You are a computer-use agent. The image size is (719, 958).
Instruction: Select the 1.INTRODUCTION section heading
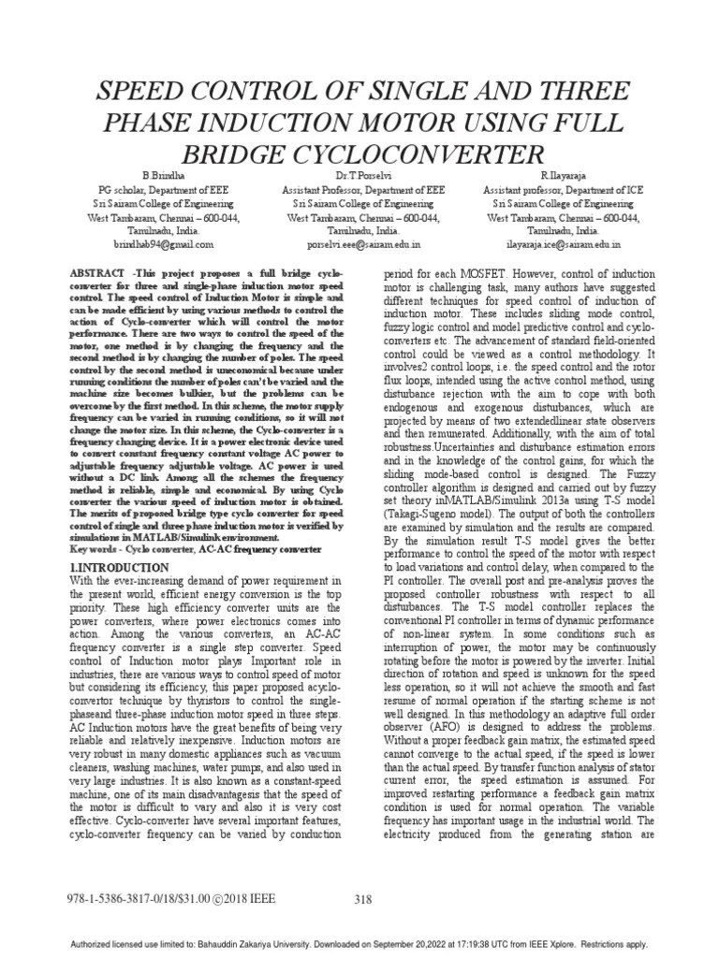pos(119,568)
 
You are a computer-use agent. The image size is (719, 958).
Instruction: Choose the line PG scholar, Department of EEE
pos(158,189)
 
